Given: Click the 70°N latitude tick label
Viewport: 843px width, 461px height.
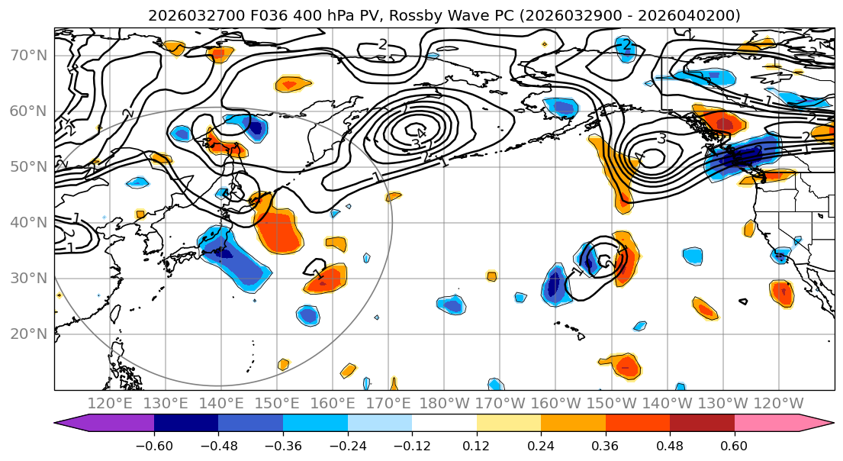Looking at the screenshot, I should [x=28, y=55].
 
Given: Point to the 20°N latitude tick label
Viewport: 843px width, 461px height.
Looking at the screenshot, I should [x=28, y=334].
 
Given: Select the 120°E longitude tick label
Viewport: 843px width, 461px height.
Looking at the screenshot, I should [x=111, y=403].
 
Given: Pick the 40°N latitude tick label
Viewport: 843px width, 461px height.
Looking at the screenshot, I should [x=28, y=222].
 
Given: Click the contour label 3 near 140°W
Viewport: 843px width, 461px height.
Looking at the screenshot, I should [x=661, y=139].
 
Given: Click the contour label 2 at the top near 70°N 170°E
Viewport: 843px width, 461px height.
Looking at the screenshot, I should [x=383, y=45].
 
